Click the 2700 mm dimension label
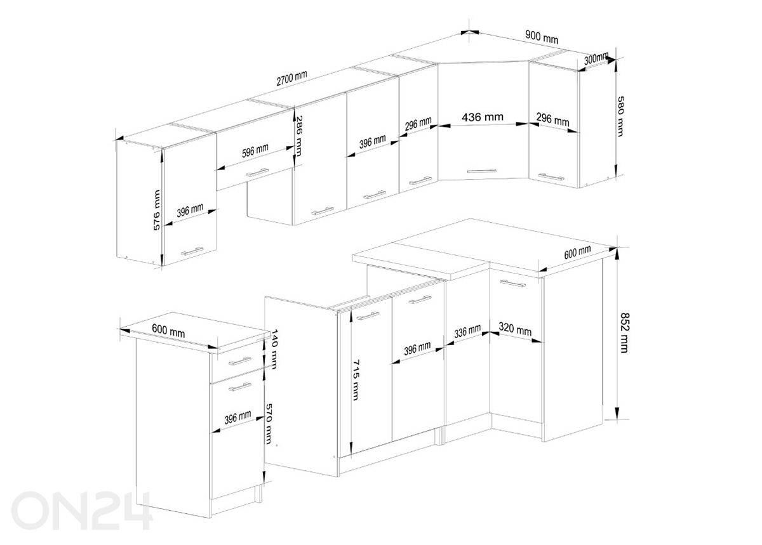pyautogui.click(x=291, y=78)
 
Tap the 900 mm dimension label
pyautogui.click(x=542, y=37)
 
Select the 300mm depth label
pyautogui.click(x=596, y=58)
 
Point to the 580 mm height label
pyautogui.click(x=620, y=116)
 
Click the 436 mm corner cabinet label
pyautogui.click(x=483, y=117)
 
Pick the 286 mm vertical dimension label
pyautogui.click(x=298, y=136)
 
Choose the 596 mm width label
pyautogui.click(x=255, y=150)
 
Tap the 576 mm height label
pyautogui.click(x=156, y=210)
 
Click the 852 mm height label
pyautogui.click(x=625, y=332)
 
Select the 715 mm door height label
pyautogui.click(x=356, y=380)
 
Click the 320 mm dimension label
pyautogui.click(x=515, y=329)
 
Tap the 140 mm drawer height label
pyautogui.click(x=274, y=349)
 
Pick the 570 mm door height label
pyautogui.click(x=269, y=424)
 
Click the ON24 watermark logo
pyautogui.click(x=82, y=510)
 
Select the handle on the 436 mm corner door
pyautogui.click(x=481, y=171)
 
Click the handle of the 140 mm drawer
pyautogui.click(x=240, y=361)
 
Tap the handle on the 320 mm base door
pyautogui.click(x=512, y=283)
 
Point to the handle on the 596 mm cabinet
pyautogui.click(x=257, y=173)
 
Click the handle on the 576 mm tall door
pyautogui.click(x=192, y=251)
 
